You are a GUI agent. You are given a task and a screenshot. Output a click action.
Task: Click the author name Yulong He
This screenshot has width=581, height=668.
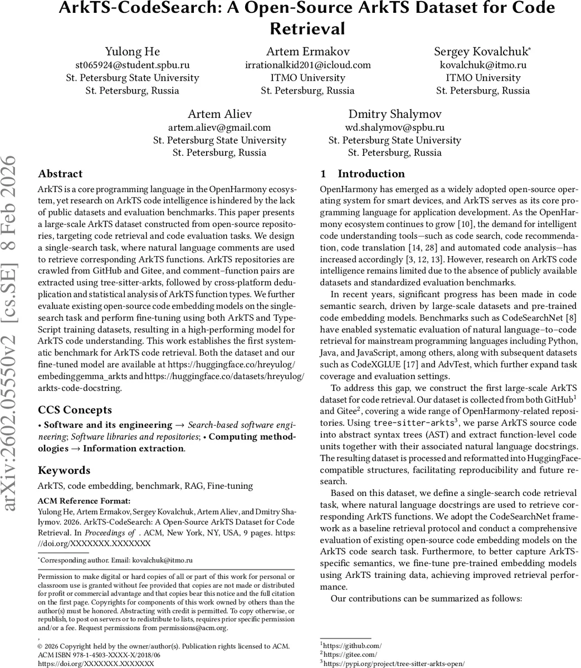click(x=132, y=52)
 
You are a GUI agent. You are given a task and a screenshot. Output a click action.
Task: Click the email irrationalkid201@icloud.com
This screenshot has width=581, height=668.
click(x=307, y=65)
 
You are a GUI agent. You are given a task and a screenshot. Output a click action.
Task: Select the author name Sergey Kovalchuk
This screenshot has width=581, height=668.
click(x=482, y=52)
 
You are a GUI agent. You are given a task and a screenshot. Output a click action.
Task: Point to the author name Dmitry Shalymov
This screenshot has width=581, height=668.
click(x=395, y=114)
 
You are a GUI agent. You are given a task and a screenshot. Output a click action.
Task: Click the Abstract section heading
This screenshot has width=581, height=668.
click(x=60, y=174)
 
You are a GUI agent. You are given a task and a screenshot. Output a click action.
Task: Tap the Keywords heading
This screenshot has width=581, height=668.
click(x=64, y=470)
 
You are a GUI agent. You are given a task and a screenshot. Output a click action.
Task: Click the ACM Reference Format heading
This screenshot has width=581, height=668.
click(x=84, y=501)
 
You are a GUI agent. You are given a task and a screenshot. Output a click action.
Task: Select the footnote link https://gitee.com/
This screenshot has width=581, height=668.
click(x=351, y=654)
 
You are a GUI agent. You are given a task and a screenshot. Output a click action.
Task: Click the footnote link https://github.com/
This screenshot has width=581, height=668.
click(x=354, y=645)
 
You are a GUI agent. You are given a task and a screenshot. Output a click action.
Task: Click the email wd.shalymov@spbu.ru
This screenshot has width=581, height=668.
click(x=395, y=127)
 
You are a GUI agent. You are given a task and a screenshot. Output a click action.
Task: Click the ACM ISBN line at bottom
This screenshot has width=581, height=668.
click(x=99, y=655)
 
